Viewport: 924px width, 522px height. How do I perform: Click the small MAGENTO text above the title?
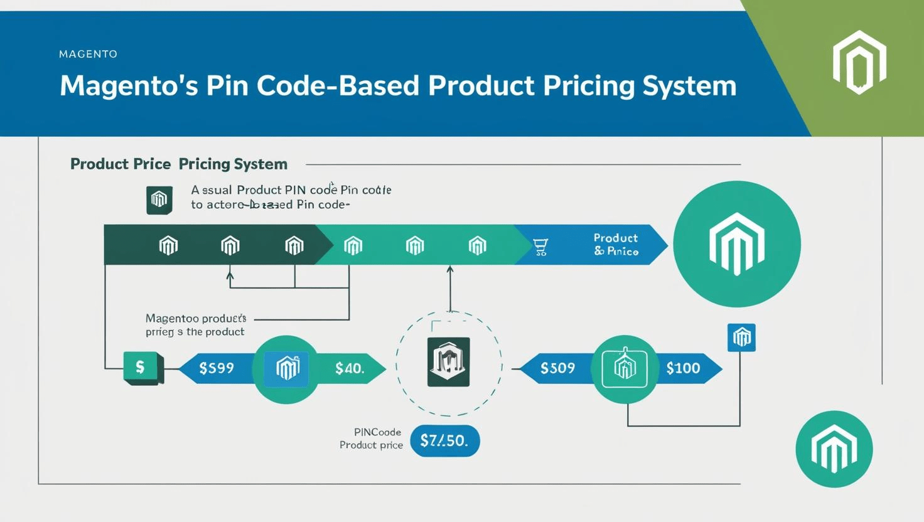(x=88, y=54)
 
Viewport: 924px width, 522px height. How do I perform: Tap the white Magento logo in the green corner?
(x=859, y=62)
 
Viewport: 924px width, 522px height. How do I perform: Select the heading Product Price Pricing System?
(x=179, y=164)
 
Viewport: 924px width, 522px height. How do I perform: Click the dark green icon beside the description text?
(x=159, y=200)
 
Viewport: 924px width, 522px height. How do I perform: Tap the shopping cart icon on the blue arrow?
(x=540, y=247)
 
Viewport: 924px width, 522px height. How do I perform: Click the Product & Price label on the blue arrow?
(x=615, y=245)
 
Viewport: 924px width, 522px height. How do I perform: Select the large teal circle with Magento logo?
(x=736, y=244)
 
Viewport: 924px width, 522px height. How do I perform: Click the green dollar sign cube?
(x=142, y=368)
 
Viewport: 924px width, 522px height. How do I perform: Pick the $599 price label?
(x=217, y=368)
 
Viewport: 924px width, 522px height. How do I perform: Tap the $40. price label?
(x=349, y=368)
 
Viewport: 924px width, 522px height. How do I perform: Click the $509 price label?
(x=557, y=368)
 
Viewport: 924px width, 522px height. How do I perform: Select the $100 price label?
(x=683, y=368)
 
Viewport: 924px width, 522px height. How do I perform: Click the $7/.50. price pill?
(x=444, y=440)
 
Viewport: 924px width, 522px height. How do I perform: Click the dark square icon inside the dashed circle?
(x=448, y=362)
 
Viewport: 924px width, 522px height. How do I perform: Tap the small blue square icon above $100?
(x=741, y=338)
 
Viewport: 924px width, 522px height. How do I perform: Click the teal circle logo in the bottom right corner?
(x=834, y=449)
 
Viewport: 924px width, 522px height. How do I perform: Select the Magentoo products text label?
(x=195, y=325)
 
